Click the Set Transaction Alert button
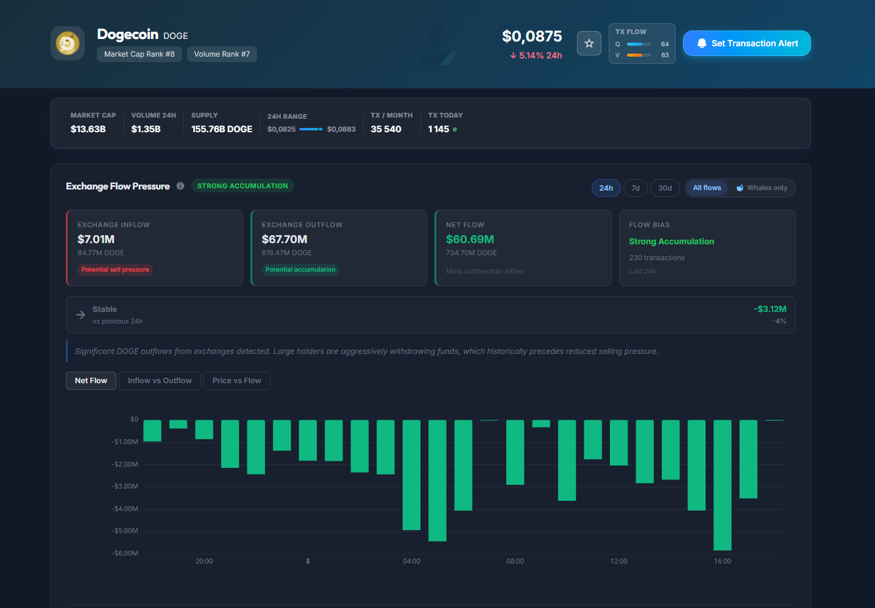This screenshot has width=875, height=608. (746, 43)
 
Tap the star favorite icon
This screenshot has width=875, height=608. (589, 43)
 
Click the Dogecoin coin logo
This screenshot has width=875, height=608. (68, 43)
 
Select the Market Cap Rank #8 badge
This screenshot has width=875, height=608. (140, 54)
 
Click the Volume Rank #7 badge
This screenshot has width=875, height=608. (222, 54)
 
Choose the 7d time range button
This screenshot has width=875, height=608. (636, 188)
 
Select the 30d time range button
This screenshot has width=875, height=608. (665, 188)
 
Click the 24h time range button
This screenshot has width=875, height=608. (606, 188)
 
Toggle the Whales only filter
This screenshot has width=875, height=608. (762, 188)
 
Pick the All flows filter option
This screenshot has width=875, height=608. (707, 188)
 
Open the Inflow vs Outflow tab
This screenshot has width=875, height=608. (160, 381)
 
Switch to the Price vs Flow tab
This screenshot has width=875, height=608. (236, 381)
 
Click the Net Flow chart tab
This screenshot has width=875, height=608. (91, 381)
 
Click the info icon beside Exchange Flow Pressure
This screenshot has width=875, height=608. (180, 186)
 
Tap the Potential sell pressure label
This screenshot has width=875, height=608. (115, 269)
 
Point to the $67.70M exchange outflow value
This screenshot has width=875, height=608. (285, 239)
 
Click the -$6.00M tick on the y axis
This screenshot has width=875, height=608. (125, 553)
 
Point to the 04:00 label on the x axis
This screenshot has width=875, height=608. (411, 561)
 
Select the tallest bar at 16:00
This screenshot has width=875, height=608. (722, 486)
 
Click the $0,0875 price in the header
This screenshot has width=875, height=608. (532, 37)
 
